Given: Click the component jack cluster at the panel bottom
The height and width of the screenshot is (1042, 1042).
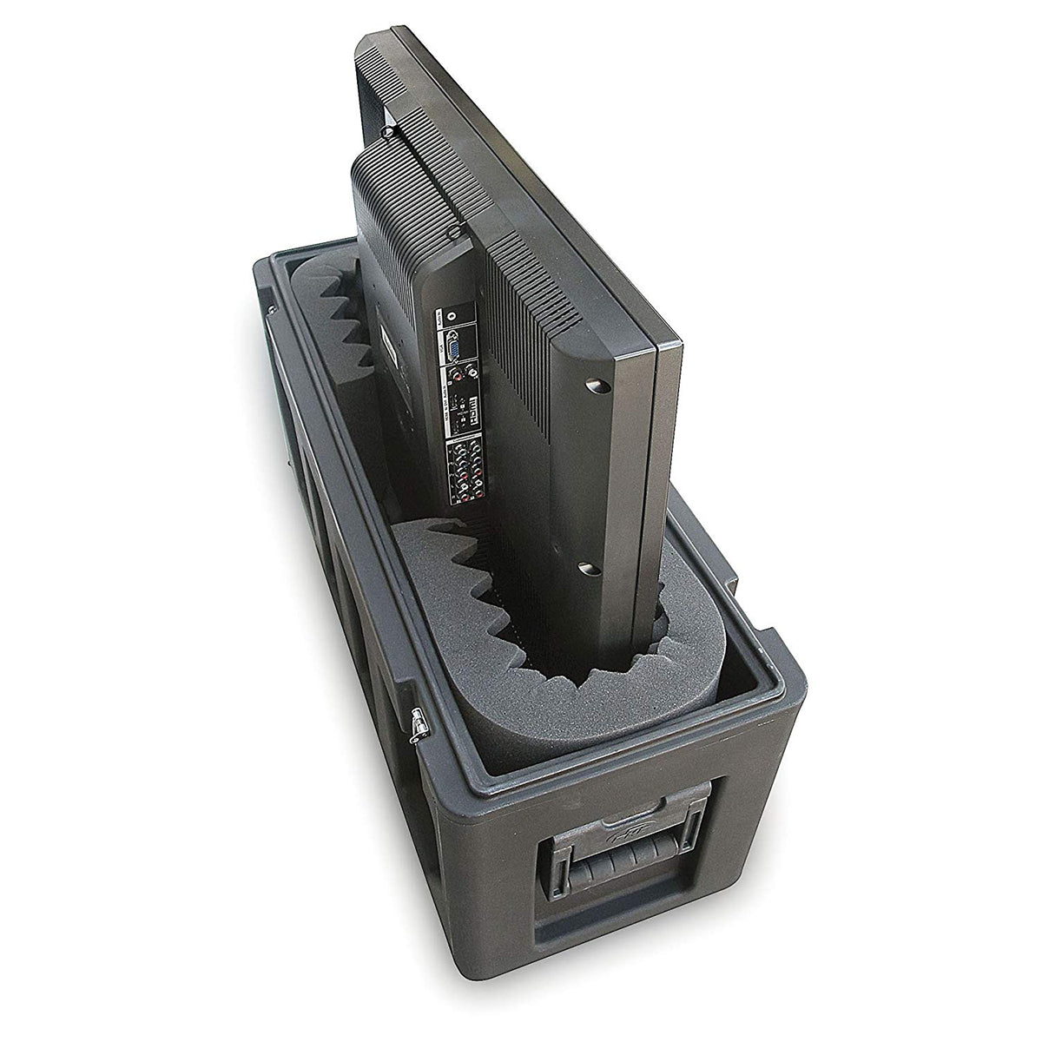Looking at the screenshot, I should click(460, 474).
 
